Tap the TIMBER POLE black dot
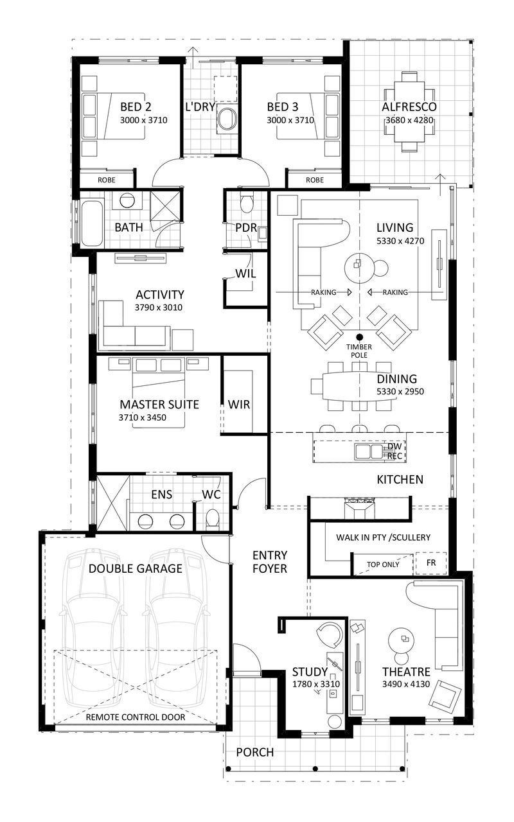click(359, 337)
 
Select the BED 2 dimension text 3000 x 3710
click(143, 120)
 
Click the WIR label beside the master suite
click(239, 405)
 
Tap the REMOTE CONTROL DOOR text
click(136, 717)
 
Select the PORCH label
click(254, 752)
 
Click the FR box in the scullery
click(432, 563)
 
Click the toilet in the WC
click(213, 518)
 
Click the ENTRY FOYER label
click(269, 561)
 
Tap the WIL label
click(246, 274)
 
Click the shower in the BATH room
click(166, 205)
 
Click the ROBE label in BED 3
click(315, 180)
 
